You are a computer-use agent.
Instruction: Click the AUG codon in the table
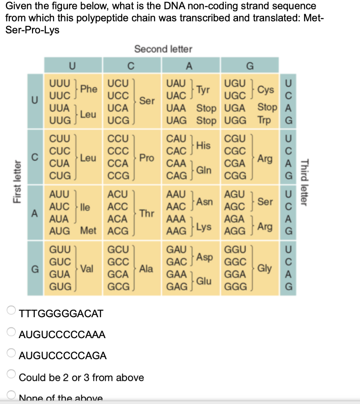point(60,230)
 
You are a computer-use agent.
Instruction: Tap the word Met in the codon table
point(88,230)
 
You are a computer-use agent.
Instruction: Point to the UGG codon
point(236,120)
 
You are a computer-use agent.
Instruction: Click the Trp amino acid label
point(264,120)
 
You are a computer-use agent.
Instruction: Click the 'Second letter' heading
point(163,49)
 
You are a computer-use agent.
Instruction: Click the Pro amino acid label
point(146,157)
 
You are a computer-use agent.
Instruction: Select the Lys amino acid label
point(204,226)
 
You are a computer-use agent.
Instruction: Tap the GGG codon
point(236,286)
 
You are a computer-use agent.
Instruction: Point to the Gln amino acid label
point(204,170)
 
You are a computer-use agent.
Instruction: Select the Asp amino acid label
point(205,257)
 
